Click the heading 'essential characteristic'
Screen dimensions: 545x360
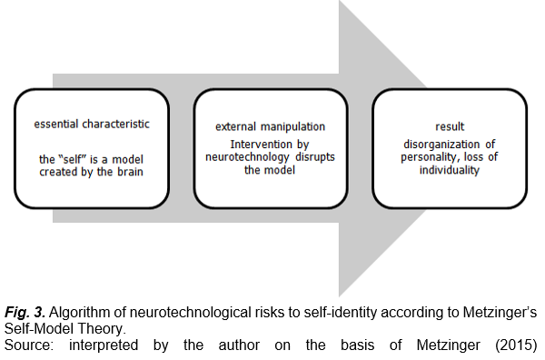[x=92, y=125]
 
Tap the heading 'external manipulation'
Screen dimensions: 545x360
[x=270, y=126]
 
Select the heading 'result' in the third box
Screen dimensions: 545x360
[x=450, y=126]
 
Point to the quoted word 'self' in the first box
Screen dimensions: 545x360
[x=73, y=159]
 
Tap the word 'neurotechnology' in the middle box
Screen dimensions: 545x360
[x=247, y=157]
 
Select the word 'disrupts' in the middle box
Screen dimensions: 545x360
[x=315, y=157]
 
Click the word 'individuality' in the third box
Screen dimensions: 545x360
[x=450, y=170]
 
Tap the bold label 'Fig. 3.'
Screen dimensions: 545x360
[x=25, y=313]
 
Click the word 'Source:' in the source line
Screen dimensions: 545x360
[x=29, y=345]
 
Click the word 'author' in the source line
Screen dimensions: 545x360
[x=239, y=345]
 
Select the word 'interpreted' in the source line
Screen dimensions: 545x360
[x=104, y=345]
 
